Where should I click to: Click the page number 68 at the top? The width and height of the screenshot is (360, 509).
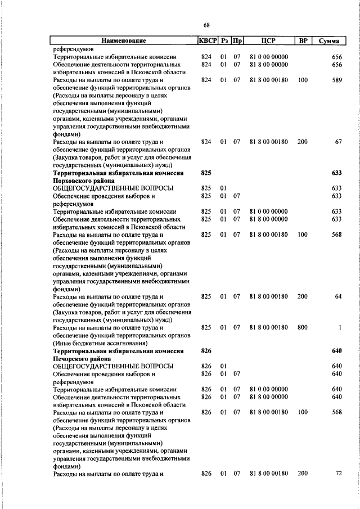pos(207,25)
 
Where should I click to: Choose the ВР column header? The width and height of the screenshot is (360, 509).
pos(303,40)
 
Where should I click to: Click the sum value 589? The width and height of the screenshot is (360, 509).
pos(337,80)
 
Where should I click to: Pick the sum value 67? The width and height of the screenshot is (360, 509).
pos(339,142)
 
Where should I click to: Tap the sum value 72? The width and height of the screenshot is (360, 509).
pos(339,474)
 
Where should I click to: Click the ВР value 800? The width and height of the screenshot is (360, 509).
pos(303,327)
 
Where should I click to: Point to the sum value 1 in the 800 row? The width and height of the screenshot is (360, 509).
pos(340,327)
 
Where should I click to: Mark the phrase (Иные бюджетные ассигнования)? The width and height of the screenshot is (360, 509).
pos(100,343)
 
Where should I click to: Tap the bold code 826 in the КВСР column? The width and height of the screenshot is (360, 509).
pos(206,350)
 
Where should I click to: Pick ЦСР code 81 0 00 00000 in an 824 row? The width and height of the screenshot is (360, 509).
pos(268,57)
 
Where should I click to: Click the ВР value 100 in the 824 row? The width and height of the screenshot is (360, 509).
pos(303,80)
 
